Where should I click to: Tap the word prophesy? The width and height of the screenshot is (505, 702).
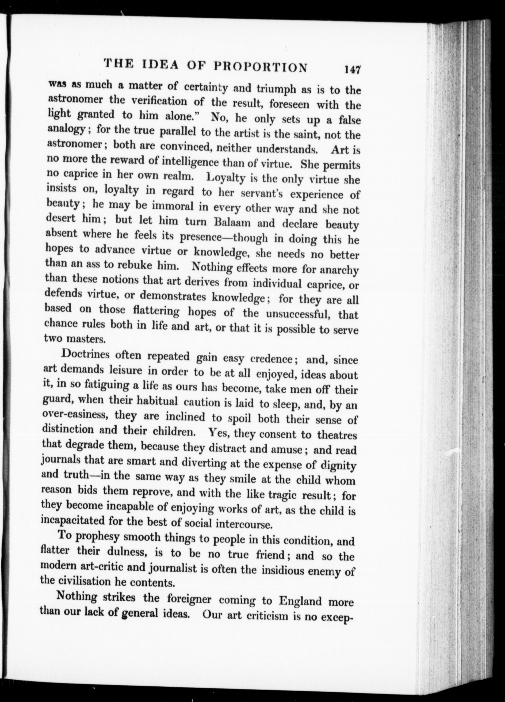[x=97, y=536]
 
